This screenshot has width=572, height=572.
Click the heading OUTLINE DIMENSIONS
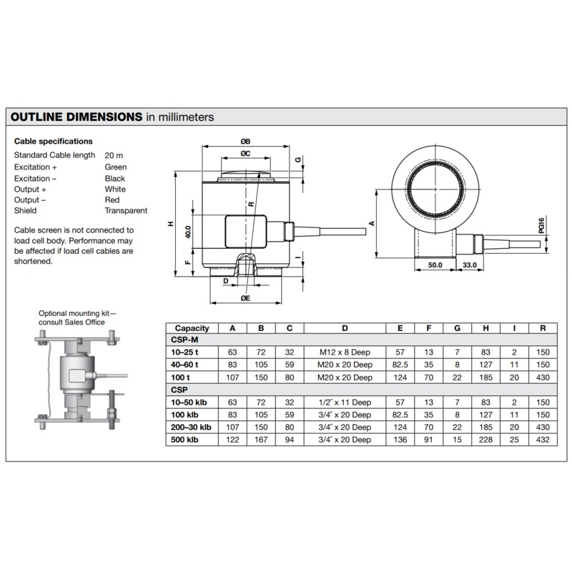coord(77,117)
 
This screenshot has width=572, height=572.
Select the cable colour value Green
coord(116,167)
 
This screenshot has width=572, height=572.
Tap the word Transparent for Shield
coord(126,210)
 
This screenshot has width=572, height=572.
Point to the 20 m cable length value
coord(114,155)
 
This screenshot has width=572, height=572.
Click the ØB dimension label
coord(245,142)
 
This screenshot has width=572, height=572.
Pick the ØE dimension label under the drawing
coord(245,298)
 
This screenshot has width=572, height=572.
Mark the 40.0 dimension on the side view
coord(188,232)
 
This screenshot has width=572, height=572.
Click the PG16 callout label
coord(541,225)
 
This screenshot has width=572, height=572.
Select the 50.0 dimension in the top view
coord(435,265)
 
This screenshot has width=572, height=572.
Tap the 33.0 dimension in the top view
coord(470,265)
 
